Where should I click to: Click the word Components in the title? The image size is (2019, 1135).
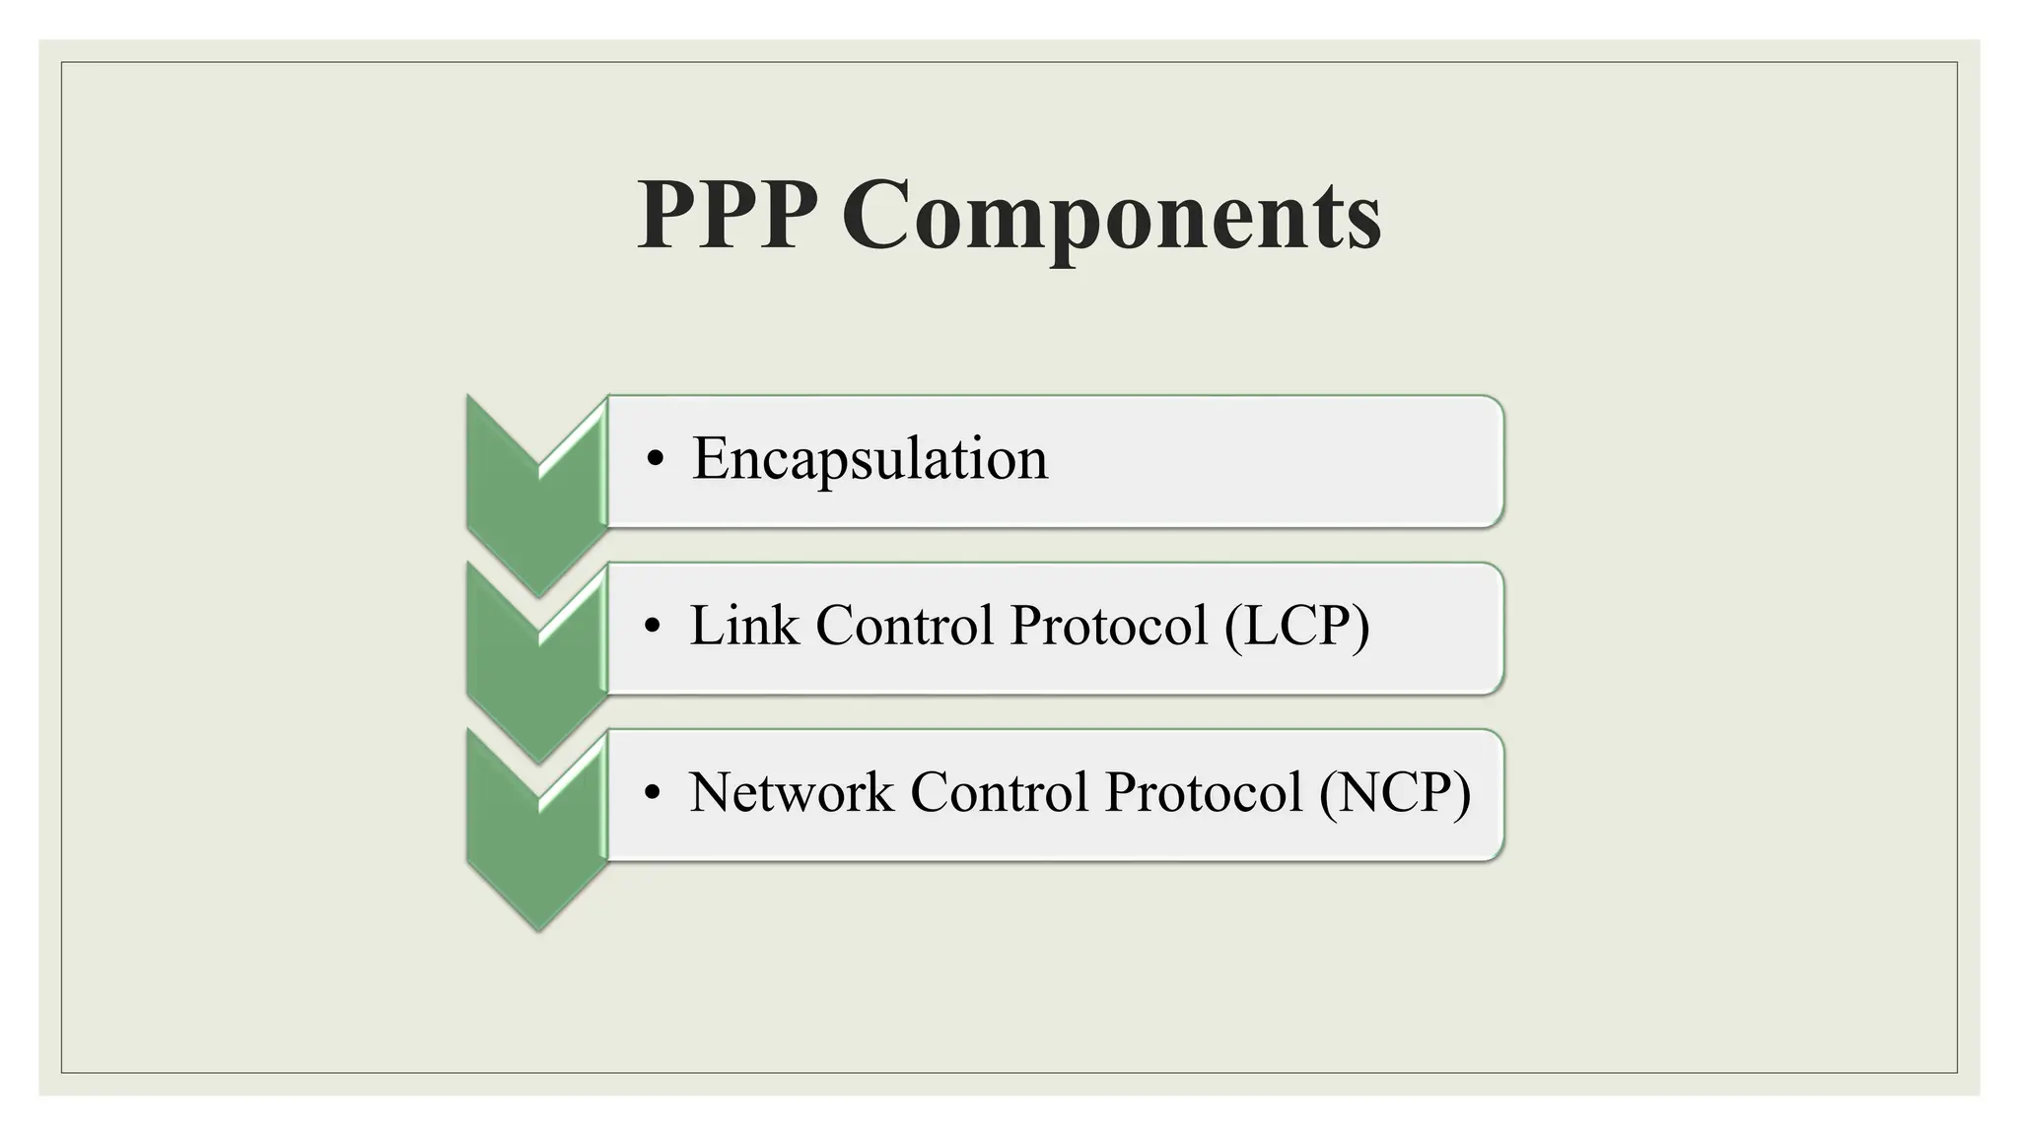point(1111,217)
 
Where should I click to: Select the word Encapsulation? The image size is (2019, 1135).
point(870,458)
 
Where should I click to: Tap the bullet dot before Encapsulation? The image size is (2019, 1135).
point(656,461)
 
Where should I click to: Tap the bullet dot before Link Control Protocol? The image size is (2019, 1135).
point(652,628)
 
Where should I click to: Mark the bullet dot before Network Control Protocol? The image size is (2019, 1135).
point(652,794)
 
